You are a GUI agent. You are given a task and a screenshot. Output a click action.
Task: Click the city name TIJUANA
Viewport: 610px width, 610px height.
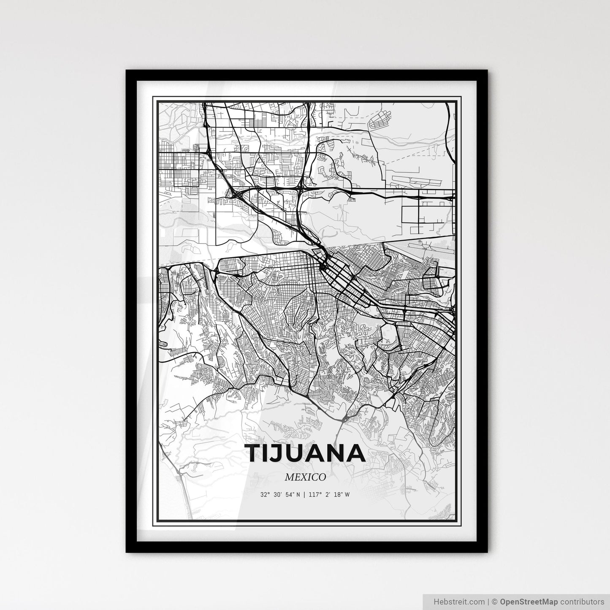tap(305, 453)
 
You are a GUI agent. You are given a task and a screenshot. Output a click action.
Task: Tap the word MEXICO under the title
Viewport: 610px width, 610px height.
tap(305, 477)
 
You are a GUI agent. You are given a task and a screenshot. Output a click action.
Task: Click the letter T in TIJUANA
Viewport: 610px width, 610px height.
tap(254, 453)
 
